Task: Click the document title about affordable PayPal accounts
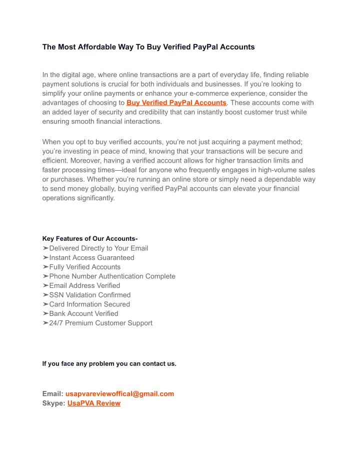[148, 47]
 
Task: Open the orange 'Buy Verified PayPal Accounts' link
[176, 103]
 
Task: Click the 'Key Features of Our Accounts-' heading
[86, 239]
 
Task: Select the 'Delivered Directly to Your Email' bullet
[98, 248]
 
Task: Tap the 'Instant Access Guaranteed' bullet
[91, 258]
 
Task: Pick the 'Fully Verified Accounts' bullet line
[85, 267]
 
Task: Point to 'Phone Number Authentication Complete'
[112, 276]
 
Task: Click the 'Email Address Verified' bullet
[84, 286]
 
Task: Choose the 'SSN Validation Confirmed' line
[89, 295]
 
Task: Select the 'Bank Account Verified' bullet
[83, 314]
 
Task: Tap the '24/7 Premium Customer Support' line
[100, 323]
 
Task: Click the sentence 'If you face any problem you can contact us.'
[109, 364]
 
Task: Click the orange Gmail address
[119, 394]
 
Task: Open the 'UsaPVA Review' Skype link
[94, 403]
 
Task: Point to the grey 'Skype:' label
[53, 403]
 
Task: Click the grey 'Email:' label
[52, 394]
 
